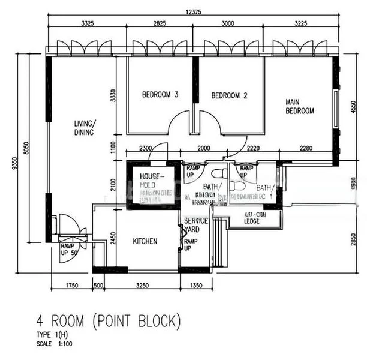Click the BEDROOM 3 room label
160,95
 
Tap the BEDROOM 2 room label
229,95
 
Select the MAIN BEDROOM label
299,106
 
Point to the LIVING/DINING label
85,128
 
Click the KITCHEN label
145,241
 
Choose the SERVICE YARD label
196,225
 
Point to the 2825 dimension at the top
158,23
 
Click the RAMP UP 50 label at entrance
70,248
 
